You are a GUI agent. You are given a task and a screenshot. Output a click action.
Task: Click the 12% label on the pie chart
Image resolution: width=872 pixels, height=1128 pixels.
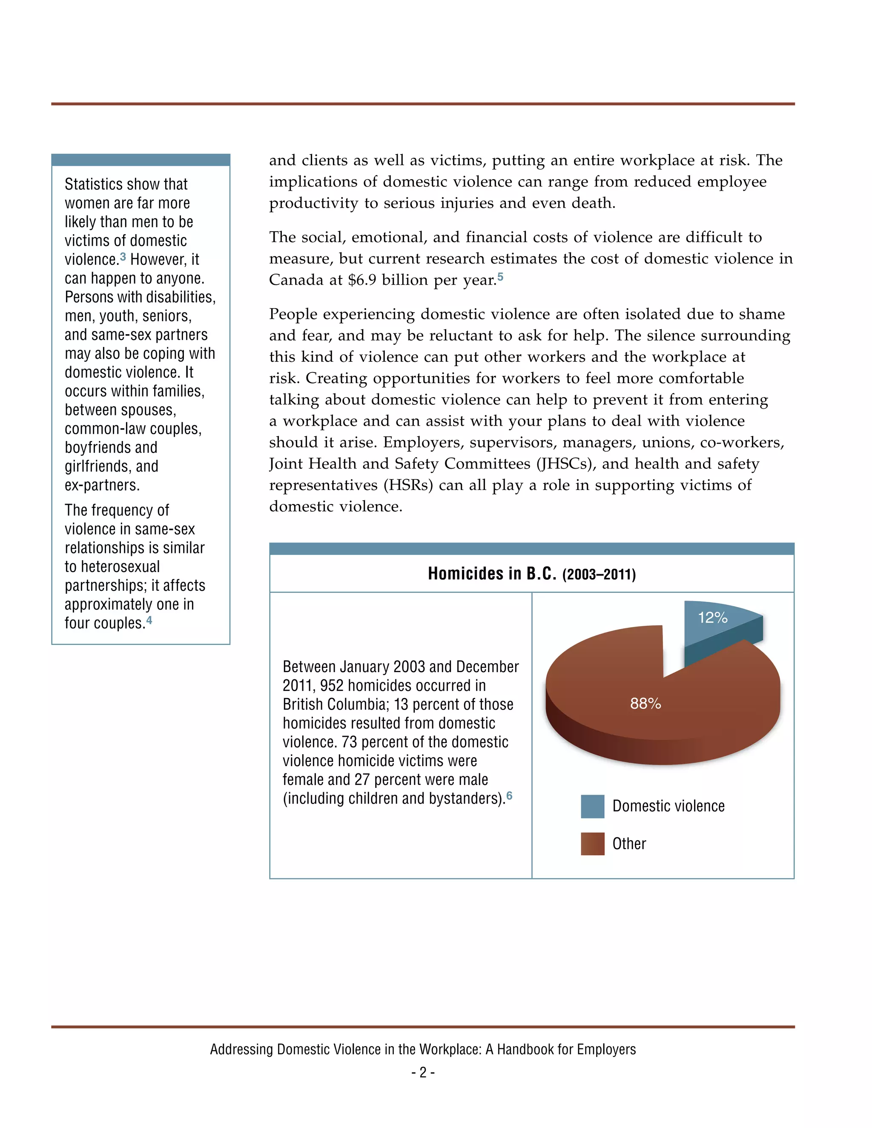pos(712,617)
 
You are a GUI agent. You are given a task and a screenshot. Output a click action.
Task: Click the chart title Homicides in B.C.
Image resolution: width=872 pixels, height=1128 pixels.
pos(491,574)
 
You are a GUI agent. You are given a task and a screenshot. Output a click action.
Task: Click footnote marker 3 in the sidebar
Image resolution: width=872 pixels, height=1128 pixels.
pos(123,256)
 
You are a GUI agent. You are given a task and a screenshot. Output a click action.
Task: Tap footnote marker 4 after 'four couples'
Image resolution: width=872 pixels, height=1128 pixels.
pos(149,620)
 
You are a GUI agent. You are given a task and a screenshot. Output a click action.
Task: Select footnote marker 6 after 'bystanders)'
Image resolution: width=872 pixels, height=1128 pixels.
pos(509,796)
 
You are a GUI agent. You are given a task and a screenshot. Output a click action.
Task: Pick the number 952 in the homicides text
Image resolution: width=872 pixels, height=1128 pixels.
pos(332,686)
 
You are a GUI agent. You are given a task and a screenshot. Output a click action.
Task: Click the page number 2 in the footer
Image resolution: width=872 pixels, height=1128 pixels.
pos(423,1073)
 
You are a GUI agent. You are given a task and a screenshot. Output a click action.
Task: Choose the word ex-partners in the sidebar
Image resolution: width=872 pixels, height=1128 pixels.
pos(102,486)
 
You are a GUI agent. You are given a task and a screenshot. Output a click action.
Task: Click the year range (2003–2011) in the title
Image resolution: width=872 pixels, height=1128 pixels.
pos(599,575)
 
